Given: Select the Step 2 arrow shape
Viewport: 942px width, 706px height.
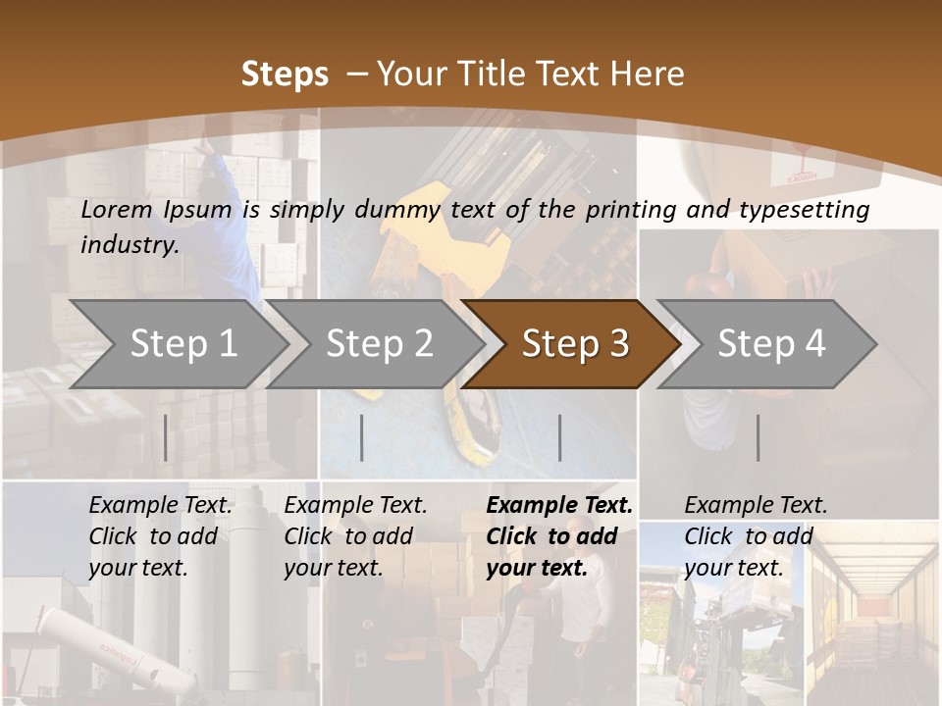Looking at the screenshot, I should tap(379, 344).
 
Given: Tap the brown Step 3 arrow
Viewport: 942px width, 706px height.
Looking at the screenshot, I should tap(575, 344).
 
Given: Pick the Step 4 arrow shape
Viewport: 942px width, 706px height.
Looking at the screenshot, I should tap(771, 344).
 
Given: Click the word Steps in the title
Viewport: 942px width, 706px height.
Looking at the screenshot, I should tap(285, 74).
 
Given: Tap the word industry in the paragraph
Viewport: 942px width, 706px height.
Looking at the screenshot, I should tap(130, 244).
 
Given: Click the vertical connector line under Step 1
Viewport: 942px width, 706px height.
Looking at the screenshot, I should tap(165, 437).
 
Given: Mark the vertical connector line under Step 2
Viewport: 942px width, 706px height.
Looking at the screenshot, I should tap(362, 437).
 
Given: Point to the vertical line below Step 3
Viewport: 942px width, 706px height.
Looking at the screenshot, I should tap(560, 437).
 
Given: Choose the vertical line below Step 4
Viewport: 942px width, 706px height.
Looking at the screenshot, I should tap(758, 437).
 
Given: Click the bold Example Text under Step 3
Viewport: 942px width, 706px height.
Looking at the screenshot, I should tap(559, 505).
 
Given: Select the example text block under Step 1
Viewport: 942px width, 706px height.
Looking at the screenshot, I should tap(160, 536).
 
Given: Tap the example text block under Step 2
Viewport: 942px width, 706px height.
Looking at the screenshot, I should tap(355, 536).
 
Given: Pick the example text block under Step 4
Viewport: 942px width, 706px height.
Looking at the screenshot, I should tap(756, 536).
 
